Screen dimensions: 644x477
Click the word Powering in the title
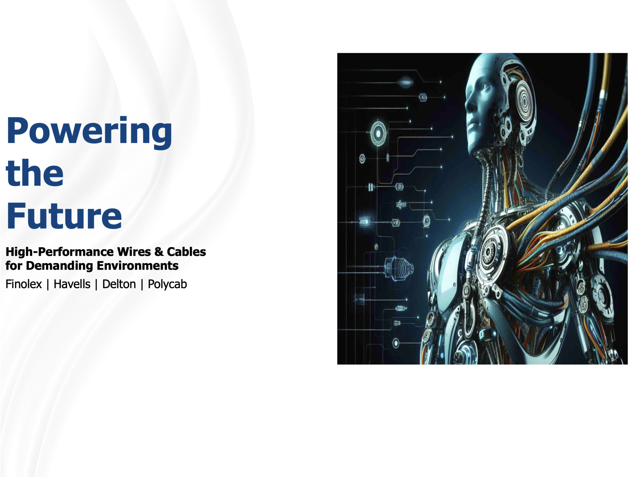coord(89,132)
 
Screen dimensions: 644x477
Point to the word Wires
coord(134,252)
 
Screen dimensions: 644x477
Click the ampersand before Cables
coord(159,252)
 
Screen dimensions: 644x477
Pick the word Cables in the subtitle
coord(186,252)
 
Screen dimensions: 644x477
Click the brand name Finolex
coord(24,284)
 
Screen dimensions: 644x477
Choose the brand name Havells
coord(72,284)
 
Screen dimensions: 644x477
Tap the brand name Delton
coord(119,284)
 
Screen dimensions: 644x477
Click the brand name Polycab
coord(167,284)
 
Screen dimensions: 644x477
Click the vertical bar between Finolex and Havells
coord(48,285)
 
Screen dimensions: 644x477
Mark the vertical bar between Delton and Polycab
coord(142,285)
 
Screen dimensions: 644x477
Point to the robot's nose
coord(469,104)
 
